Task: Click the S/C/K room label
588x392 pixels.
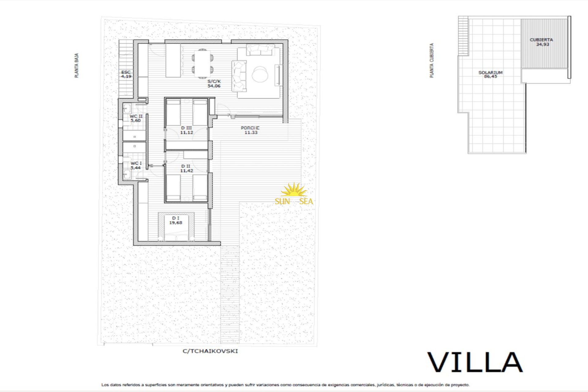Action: [214, 81]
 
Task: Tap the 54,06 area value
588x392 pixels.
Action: [214, 86]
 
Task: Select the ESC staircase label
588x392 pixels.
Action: [126, 72]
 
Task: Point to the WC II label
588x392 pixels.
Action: [136, 116]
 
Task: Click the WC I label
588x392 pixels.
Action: [136, 163]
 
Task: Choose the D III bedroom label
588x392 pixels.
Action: [187, 128]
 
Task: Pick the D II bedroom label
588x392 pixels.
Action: [186, 166]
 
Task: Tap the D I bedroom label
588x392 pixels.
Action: [176, 218]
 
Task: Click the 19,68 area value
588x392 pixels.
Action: [176, 223]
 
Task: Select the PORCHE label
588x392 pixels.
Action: [250, 128]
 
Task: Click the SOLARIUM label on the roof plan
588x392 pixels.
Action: [490, 73]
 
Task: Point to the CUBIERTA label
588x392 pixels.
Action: [541, 40]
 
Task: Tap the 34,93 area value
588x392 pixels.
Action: [542, 44]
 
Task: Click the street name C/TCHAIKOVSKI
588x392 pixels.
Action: [210, 351]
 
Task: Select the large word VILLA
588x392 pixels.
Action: [475, 362]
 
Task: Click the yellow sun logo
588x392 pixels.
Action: [294, 190]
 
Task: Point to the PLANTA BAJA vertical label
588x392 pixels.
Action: [77, 66]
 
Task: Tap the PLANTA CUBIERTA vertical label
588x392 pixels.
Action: [432, 60]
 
